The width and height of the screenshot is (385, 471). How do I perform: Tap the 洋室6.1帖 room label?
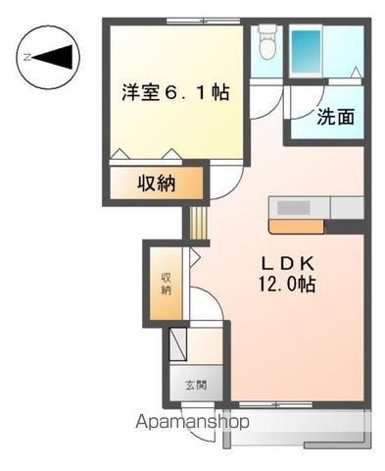[x=176, y=93]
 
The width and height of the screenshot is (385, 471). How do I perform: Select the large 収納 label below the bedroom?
[x=156, y=183]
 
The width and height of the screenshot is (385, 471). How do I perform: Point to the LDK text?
[x=286, y=263]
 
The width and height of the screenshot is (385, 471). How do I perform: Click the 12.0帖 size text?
[x=286, y=286]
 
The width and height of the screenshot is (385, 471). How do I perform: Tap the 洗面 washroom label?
[x=335, y=117]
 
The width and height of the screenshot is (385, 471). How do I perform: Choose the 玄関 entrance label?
[x=196, y=385]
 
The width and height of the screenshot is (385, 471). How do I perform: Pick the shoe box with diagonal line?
[x=178, y=345]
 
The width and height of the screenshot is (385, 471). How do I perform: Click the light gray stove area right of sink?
[x=348, y=208]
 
